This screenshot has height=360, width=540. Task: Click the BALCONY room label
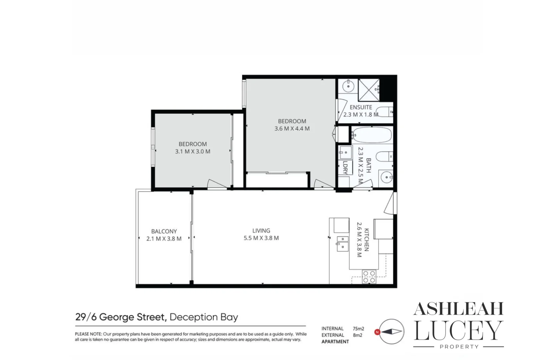(164, 231)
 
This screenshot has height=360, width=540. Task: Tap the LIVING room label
(261, 231)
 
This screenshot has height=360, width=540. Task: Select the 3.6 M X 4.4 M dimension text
(292, 129)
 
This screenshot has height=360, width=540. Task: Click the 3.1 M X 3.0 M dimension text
(193, 151)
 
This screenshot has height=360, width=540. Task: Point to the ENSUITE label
(361, 107)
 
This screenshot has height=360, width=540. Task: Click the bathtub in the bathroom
(372, 135)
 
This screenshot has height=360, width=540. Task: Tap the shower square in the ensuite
(369, 90)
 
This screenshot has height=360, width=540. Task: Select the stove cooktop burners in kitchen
(369, 277)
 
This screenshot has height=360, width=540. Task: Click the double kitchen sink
(342, 243)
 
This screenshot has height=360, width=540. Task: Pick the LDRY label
(345, 168)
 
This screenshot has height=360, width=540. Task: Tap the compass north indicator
(377, 332)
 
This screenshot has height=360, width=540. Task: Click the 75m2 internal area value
(358, 329)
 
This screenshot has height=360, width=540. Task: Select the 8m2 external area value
(357, 335)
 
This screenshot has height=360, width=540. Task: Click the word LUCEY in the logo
(458, 331)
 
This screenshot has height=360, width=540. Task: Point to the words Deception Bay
(204, 317)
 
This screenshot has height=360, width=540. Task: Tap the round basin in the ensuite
(348, 86)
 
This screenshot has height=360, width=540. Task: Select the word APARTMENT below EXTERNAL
(335, 342)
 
